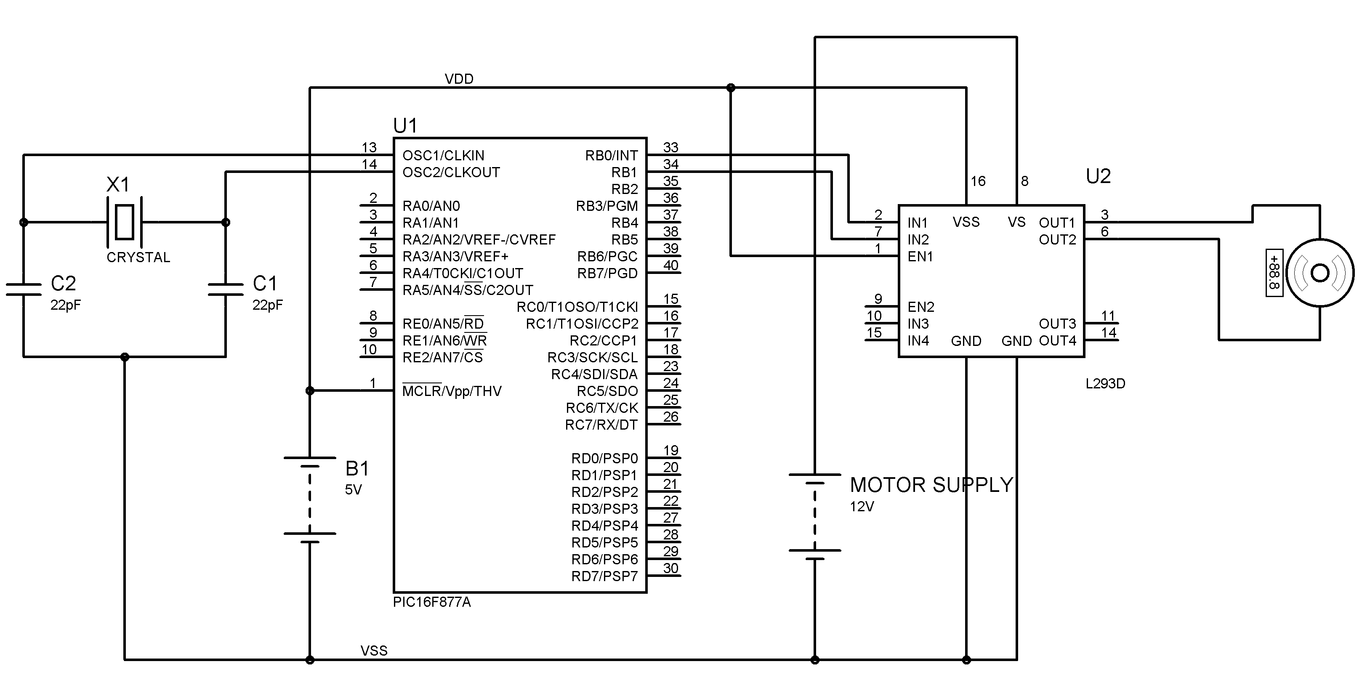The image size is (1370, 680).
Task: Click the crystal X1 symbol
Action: click(x=125, y=222)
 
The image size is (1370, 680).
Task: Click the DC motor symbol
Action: click(x=1319, y=273)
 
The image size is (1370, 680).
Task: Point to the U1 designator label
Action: click(x=405, y=126)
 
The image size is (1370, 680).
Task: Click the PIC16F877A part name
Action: click(x=431, y=603)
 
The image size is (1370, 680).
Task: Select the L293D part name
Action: click(x=1105, y=383)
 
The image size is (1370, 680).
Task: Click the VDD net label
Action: click(x=459, y=79)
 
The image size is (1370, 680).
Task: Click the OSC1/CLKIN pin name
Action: click(x=443, y=156)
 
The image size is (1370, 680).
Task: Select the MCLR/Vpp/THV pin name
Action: click(x=452, y=391)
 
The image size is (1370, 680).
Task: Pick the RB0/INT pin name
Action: click(x=611, y=156)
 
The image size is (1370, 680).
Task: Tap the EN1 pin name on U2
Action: click(x=920, y=257)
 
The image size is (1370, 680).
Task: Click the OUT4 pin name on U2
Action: click(x=1057, y=341)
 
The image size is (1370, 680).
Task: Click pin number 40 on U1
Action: click(x=670, y=265)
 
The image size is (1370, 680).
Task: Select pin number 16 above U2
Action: click(x=977, y=181)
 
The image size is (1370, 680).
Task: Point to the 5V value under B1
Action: click(x=353, y=490)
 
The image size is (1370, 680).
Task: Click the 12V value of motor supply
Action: click(x=862, y=507)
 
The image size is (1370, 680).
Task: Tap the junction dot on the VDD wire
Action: click(x=731, y=88)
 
